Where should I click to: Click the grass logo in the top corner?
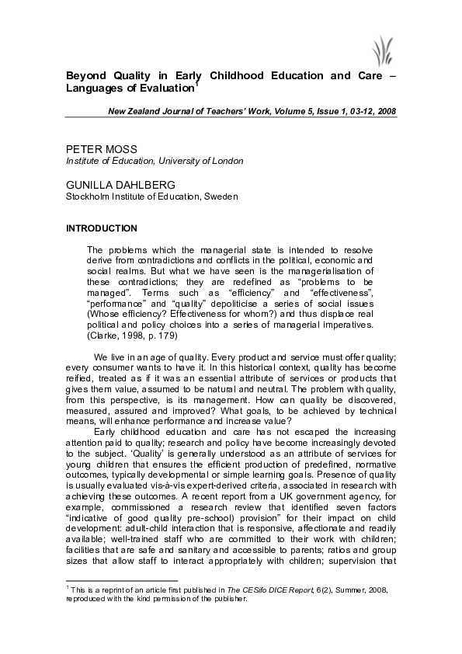pyautogui.click(x=381, y=51)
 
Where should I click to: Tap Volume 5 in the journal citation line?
pyautogui.click(x=280, y=112)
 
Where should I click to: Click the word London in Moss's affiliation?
pyautogui.click(x=226, y=161)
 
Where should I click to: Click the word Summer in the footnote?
pyautogui.click(x=320, y=612)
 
